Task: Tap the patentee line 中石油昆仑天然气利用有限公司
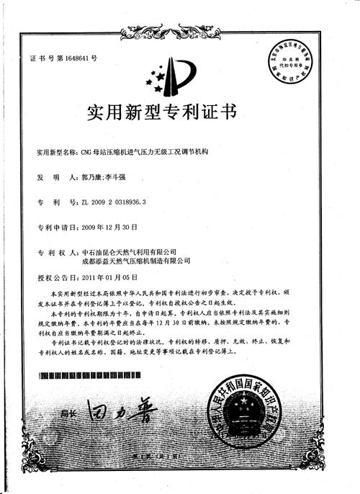[130, 252]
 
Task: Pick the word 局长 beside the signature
[69, 414]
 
